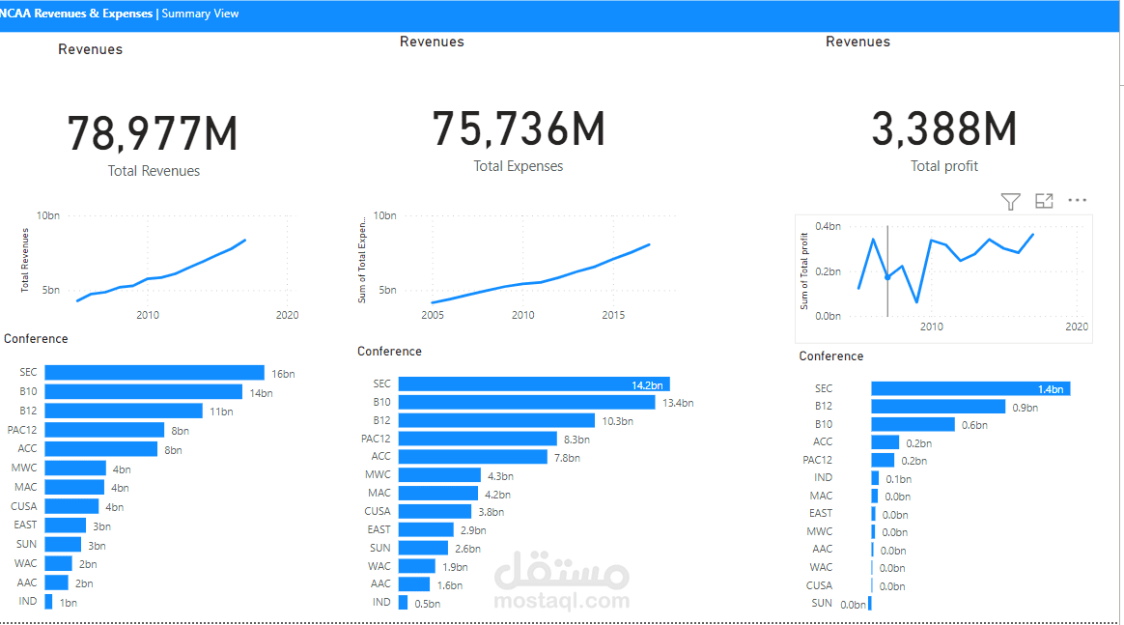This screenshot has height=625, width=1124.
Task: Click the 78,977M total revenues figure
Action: click(x=153, y=134)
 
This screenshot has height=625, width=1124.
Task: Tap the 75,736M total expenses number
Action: click(x=519, y=129)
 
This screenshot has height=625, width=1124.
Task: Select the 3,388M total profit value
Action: click(x=944, y=129)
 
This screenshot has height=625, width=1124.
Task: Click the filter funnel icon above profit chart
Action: click(x=1010, y=201)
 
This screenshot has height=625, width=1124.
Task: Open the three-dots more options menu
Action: click(x=1077, y=201)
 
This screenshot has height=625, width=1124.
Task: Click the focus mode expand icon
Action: click(x=1044, y=201)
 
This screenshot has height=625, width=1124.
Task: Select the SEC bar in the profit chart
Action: click(x=969, y=388)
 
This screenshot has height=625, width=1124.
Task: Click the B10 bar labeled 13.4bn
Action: click(x=526, y=402)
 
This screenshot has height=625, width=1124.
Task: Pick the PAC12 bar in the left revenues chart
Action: click(x=104, y=430)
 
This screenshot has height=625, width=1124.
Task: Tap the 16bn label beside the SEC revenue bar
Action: click(x=282, y=373)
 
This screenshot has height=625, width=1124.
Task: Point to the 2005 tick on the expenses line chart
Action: click(x=432, y=315)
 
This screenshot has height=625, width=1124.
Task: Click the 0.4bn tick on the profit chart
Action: click(x=828, y=226)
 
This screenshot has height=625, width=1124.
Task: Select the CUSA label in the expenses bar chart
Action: click(x=378, y=511)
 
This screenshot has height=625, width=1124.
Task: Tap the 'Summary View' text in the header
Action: click(x=200, y=14)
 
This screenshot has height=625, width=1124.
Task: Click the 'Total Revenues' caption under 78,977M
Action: click(x=155, y=171)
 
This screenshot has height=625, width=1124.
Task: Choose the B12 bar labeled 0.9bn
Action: click(x=938, y=407)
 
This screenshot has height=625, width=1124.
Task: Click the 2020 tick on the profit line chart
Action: click(x=1077, y=327)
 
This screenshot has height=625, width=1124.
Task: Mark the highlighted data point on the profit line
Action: click(x=887, y=277)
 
